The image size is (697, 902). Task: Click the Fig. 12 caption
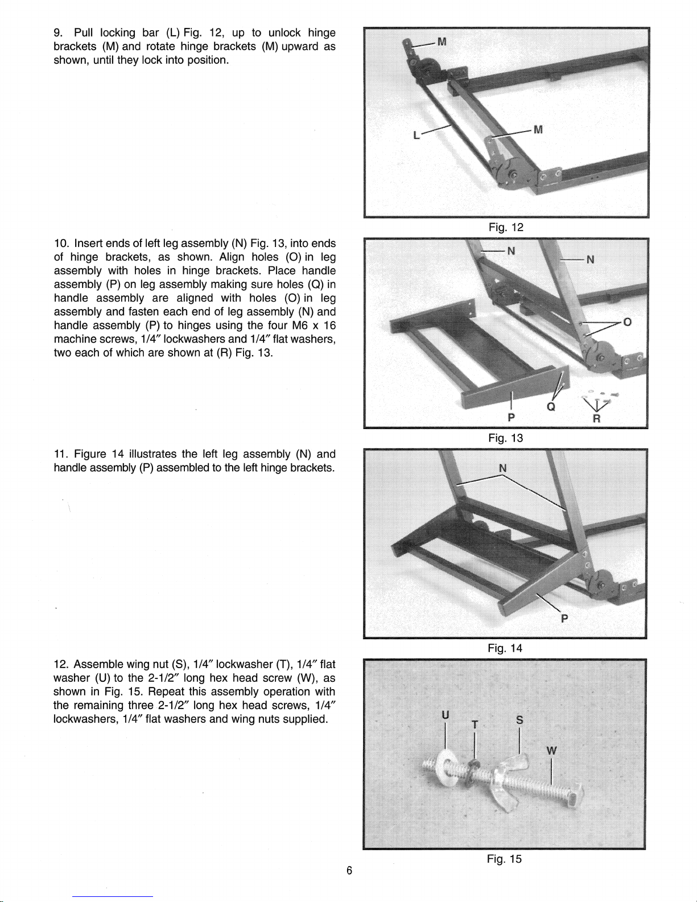tap(506, 227)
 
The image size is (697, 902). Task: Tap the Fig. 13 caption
tap(505, 438)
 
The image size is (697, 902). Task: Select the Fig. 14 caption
tap(505, 648)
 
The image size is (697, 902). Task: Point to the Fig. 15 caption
tap(504, 859)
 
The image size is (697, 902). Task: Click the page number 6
tap(349, 871)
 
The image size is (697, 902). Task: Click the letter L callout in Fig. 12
tap(416, 135)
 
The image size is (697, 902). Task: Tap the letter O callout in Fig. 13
tap(627, 322)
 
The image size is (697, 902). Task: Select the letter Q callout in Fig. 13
tap(551, 407)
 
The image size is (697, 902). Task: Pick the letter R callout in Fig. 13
tap(597, 418)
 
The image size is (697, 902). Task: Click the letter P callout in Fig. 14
tap(564, 619)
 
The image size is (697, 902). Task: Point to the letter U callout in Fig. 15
tap(445, 715)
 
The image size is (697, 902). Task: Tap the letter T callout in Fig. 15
tap(475, 724)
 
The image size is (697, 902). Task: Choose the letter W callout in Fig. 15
tap(551, 751)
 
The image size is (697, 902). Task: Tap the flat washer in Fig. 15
tap(444, 767)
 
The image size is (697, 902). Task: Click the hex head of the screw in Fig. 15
tap(575, 796)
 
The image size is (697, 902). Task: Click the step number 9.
tap(57, 33)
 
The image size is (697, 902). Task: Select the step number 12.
tap(60, 664)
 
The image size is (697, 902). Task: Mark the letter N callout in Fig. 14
tap(502, 468)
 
